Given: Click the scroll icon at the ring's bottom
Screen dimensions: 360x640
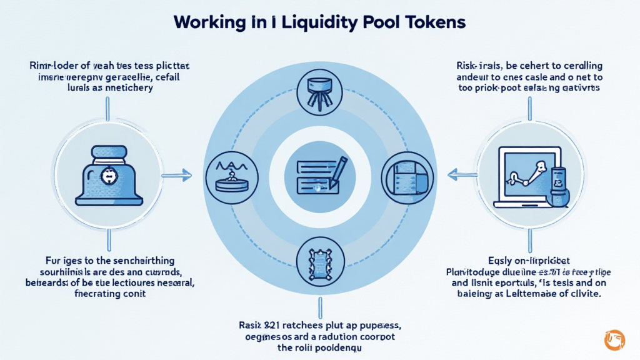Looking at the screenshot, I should pos(319,257).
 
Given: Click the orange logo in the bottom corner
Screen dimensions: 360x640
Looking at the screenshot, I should pos(614,339).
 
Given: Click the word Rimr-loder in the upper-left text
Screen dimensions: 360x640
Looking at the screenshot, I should pos(52,66).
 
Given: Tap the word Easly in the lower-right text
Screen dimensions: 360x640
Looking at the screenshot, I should pos(499,261).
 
